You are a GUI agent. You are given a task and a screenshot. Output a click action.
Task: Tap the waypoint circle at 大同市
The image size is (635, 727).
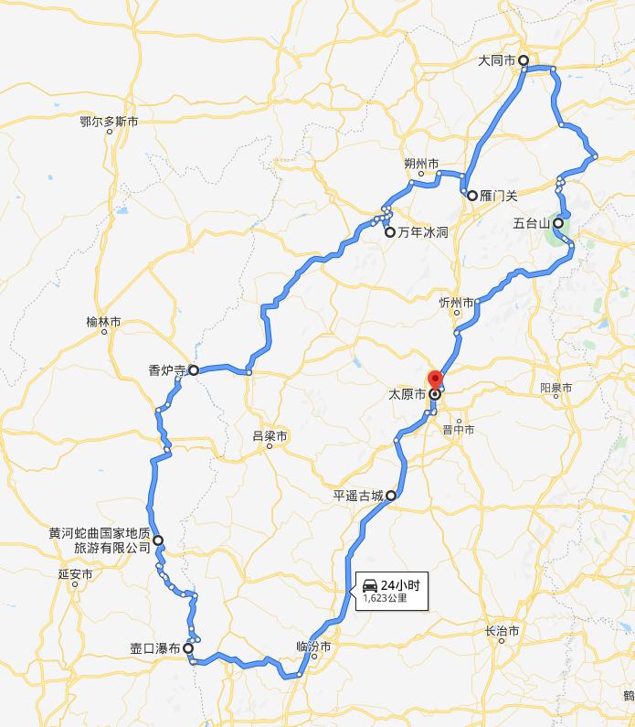(x=524, y=60)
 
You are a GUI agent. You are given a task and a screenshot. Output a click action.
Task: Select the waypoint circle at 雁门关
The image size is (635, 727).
(x=472, y=195)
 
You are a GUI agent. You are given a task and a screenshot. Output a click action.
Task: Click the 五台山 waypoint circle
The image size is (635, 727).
(x=557, y=222)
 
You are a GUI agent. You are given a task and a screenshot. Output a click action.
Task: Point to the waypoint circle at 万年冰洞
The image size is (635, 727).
(x=390, y=232)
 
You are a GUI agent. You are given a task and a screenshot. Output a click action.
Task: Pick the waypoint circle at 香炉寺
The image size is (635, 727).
(x=194, y=370)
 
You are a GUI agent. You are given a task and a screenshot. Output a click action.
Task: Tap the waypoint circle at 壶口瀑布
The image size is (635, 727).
(x=188, y=648)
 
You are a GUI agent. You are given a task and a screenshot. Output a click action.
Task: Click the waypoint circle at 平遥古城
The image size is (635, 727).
(x=391, y=496)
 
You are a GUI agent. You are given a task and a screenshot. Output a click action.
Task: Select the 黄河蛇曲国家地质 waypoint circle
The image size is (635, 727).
(x=158, y=540)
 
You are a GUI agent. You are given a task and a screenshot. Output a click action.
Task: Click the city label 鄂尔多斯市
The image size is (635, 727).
(x=109, y=121)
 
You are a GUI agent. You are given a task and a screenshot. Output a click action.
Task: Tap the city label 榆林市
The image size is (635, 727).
(x=103, y=322)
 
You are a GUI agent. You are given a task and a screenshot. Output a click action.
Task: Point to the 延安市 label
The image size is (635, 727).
(x=75, y=575)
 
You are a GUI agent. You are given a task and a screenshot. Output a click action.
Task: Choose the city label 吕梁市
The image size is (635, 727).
(x=270, y=437)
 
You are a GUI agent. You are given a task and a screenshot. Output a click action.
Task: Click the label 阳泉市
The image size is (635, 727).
(x=556, y=388)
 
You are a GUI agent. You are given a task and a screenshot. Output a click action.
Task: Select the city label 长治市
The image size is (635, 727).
(x=503, y=631)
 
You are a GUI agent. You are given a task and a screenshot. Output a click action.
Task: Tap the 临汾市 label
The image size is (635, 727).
(x=312, y=646)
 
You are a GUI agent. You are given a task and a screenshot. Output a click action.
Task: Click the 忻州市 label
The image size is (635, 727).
(x=456, y=303)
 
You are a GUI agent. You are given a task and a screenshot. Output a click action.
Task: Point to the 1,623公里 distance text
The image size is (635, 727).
(x=385, y=599)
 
